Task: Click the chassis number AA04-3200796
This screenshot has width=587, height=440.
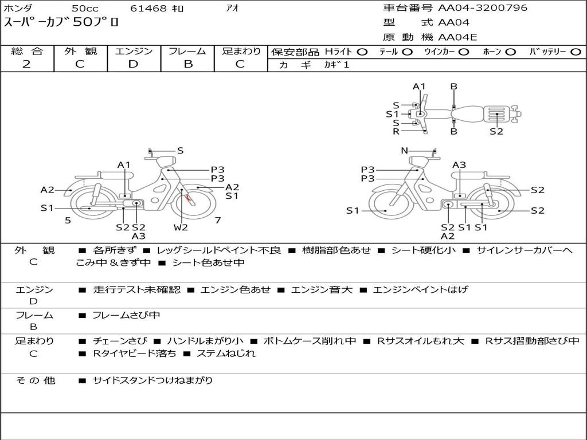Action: pos(483,8)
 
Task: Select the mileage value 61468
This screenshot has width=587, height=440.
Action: pos(148,9)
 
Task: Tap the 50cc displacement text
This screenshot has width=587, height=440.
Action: pos(85,9)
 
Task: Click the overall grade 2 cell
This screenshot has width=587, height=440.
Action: pos(26,64)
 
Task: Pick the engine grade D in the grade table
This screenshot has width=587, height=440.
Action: pos(133,64)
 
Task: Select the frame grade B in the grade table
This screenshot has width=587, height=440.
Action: pos(187,64)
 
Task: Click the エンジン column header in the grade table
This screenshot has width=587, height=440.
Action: pos(134,52)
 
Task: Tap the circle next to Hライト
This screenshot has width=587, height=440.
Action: pos(362,52)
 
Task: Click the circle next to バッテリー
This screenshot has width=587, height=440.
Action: pos(576,52)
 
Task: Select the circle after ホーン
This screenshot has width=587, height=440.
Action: pos(510,52)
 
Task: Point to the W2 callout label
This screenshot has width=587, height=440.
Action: pos(181,227)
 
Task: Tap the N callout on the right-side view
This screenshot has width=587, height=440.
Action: pos(404,151)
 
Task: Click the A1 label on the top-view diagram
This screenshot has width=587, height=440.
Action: pos(419,87)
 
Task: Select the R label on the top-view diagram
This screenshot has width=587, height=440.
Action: pos(396,131)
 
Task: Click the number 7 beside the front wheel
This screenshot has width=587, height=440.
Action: pos(218,220)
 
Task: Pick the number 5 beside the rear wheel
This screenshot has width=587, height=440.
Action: pos(68,220)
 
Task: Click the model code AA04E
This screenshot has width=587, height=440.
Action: pos(457,37)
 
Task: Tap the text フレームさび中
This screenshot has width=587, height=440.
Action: pos(126,315)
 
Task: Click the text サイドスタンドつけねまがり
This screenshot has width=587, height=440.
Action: pos(152,380)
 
